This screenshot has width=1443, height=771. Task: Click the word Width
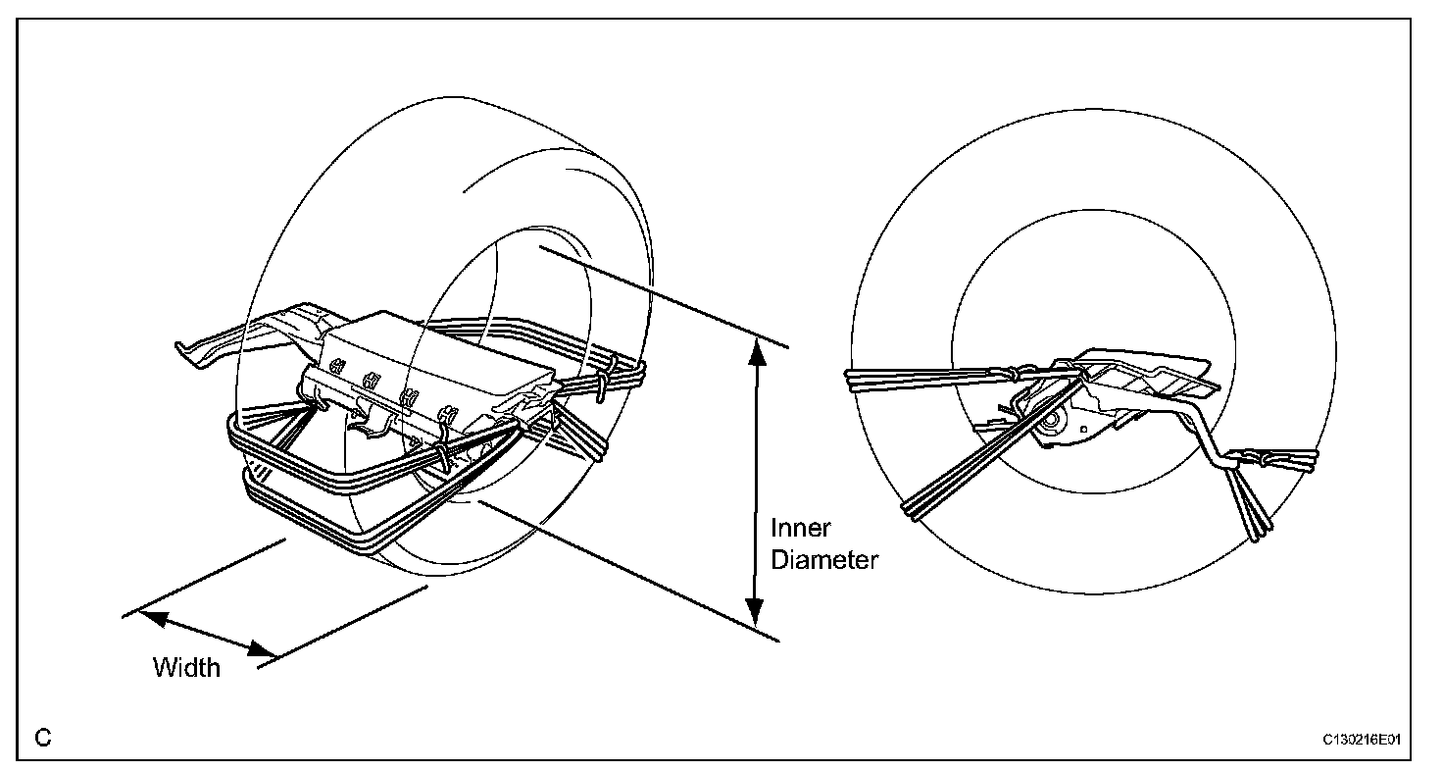(x=186, y=668)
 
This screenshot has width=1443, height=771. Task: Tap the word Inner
(x=801, y=529)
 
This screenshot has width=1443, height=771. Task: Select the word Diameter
(x=823, y=560)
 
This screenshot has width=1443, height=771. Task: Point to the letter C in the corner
(x=43, y=738)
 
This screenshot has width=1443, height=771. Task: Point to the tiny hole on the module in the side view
(x=1083, y=429)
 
